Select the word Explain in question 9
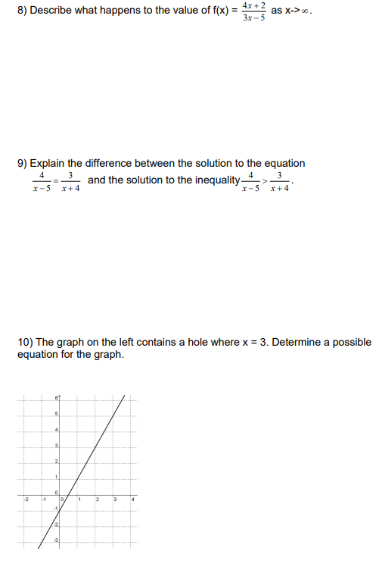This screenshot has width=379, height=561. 48,163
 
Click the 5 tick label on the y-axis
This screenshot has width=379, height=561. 56,414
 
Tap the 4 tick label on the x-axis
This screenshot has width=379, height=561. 132,498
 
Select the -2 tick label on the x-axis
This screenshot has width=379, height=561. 25,498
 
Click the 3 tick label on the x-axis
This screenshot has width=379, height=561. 114,498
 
